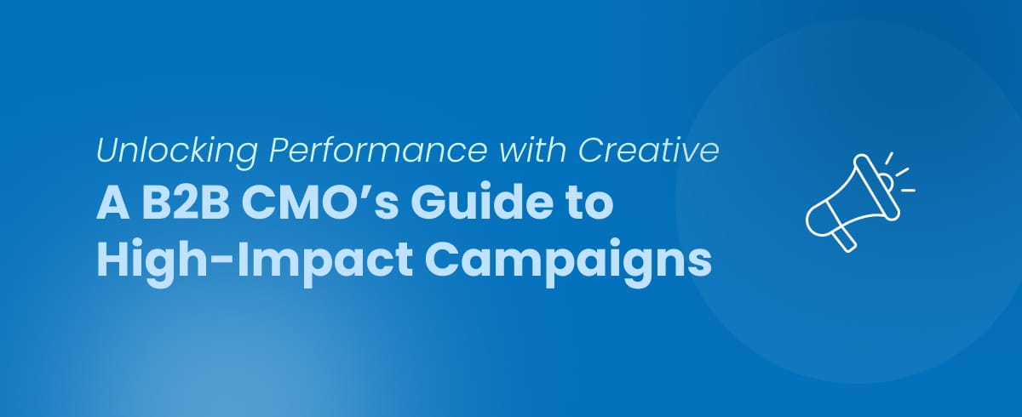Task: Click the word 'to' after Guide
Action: click(x=588, y=208)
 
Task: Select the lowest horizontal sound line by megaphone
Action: click(x=907, y=189)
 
